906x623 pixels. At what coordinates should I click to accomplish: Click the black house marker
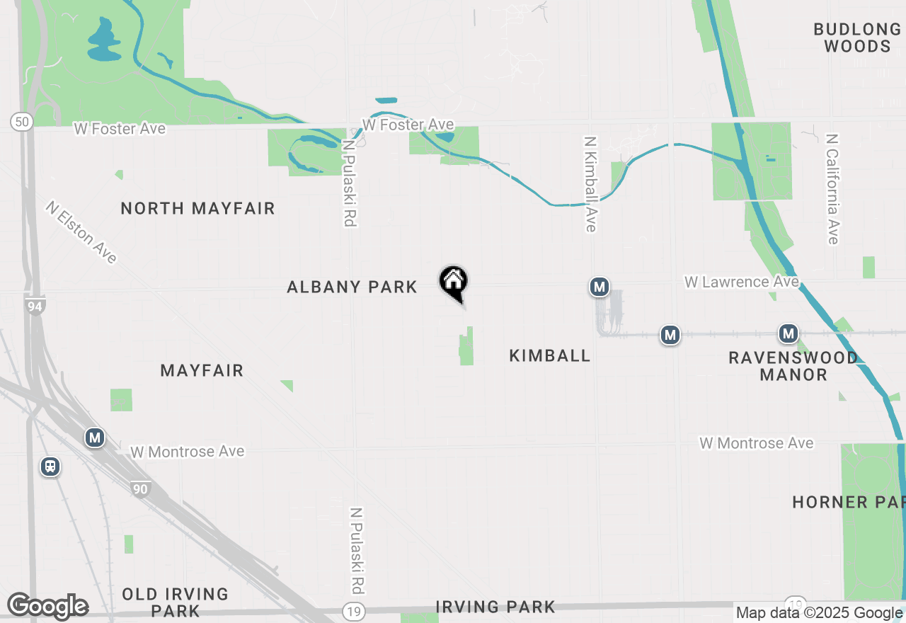tap(454, 282)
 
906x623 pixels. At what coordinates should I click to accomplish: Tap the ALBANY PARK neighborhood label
tap(352, 287)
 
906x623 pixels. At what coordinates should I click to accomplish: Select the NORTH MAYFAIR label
tap(197, 208)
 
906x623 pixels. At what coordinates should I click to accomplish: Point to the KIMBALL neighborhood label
tap(550, 355)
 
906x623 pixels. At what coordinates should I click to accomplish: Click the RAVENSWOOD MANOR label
tap(793, 366)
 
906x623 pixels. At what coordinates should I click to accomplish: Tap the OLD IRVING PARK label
tap(175, 602)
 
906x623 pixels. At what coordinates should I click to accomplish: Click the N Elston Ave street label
tap(81, 232)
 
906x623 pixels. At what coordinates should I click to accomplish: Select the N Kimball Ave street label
tap(590, 184)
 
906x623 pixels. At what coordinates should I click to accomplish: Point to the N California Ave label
tap(832, 189)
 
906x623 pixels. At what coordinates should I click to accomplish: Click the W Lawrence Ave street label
tap(741, 282)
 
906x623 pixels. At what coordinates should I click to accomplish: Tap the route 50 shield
tap(21, 122)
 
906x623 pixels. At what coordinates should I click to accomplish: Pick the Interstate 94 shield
tap(34, 306)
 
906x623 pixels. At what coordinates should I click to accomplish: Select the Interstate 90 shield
tap(140, 488)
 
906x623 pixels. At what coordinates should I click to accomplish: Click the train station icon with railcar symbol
tap(50, 467)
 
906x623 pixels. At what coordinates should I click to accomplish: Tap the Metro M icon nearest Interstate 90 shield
tap(94, 438)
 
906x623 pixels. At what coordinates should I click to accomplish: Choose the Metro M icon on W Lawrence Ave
tap(600, 287)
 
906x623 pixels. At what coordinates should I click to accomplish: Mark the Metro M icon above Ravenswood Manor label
tap(788, 333)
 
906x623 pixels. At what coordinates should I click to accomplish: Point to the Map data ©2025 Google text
tap(820, 613)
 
